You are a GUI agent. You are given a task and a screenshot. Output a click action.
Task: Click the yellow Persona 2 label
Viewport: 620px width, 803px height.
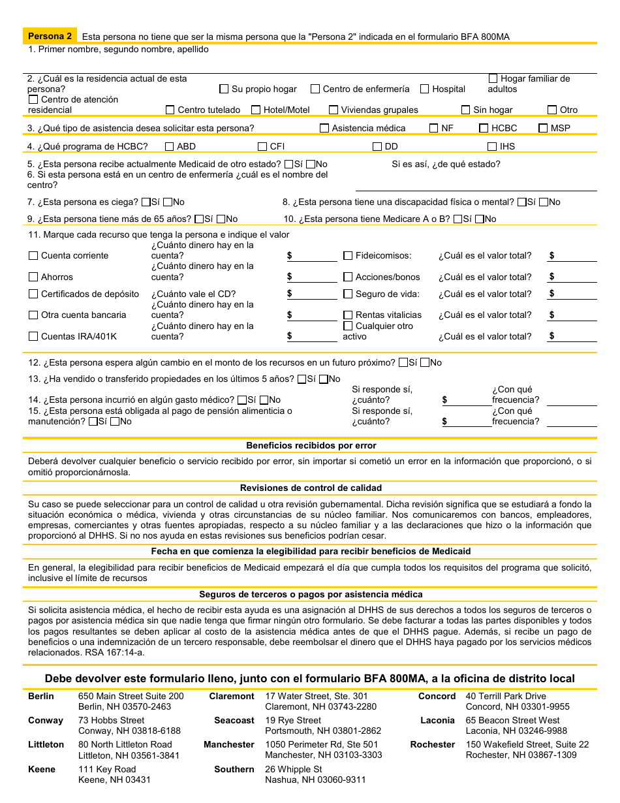coord(50,37)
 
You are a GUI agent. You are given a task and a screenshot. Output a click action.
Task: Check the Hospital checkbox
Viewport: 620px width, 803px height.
coord(425,89)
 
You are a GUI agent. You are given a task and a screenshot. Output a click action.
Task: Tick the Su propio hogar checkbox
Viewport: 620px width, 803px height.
coord(224,89)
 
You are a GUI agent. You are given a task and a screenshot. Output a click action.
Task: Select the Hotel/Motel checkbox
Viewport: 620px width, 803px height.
coord(256,110)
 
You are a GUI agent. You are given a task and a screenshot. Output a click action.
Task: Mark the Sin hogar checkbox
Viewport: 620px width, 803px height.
coord(465,110)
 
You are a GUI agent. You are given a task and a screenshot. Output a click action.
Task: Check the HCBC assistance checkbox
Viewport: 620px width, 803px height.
coord(484,128)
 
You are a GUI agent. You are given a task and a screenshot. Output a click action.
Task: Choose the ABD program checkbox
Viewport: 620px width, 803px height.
coord(170,146)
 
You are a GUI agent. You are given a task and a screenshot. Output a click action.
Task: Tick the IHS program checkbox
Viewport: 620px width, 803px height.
coord(493,146)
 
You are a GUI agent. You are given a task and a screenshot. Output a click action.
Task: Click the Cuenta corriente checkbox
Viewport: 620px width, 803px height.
coord(33,255)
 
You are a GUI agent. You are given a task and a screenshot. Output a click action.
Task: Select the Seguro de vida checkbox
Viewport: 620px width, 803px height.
coord(348,294)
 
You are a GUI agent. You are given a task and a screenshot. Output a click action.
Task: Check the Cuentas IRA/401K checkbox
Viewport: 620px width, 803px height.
coord(33,336)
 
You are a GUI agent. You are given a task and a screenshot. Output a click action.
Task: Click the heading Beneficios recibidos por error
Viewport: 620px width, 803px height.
coord(311,445)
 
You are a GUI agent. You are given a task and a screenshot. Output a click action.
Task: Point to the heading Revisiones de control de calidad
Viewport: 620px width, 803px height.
coord(311,488)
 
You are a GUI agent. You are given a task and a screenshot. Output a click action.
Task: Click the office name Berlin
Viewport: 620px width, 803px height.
coord(41,696)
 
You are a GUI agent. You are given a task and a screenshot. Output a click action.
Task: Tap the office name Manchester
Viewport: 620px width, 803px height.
coord(229,744)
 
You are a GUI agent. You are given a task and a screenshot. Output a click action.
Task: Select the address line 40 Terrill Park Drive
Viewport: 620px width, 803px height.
coord(506,696)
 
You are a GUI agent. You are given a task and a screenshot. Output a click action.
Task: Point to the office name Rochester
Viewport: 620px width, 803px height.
coord(433,744)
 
